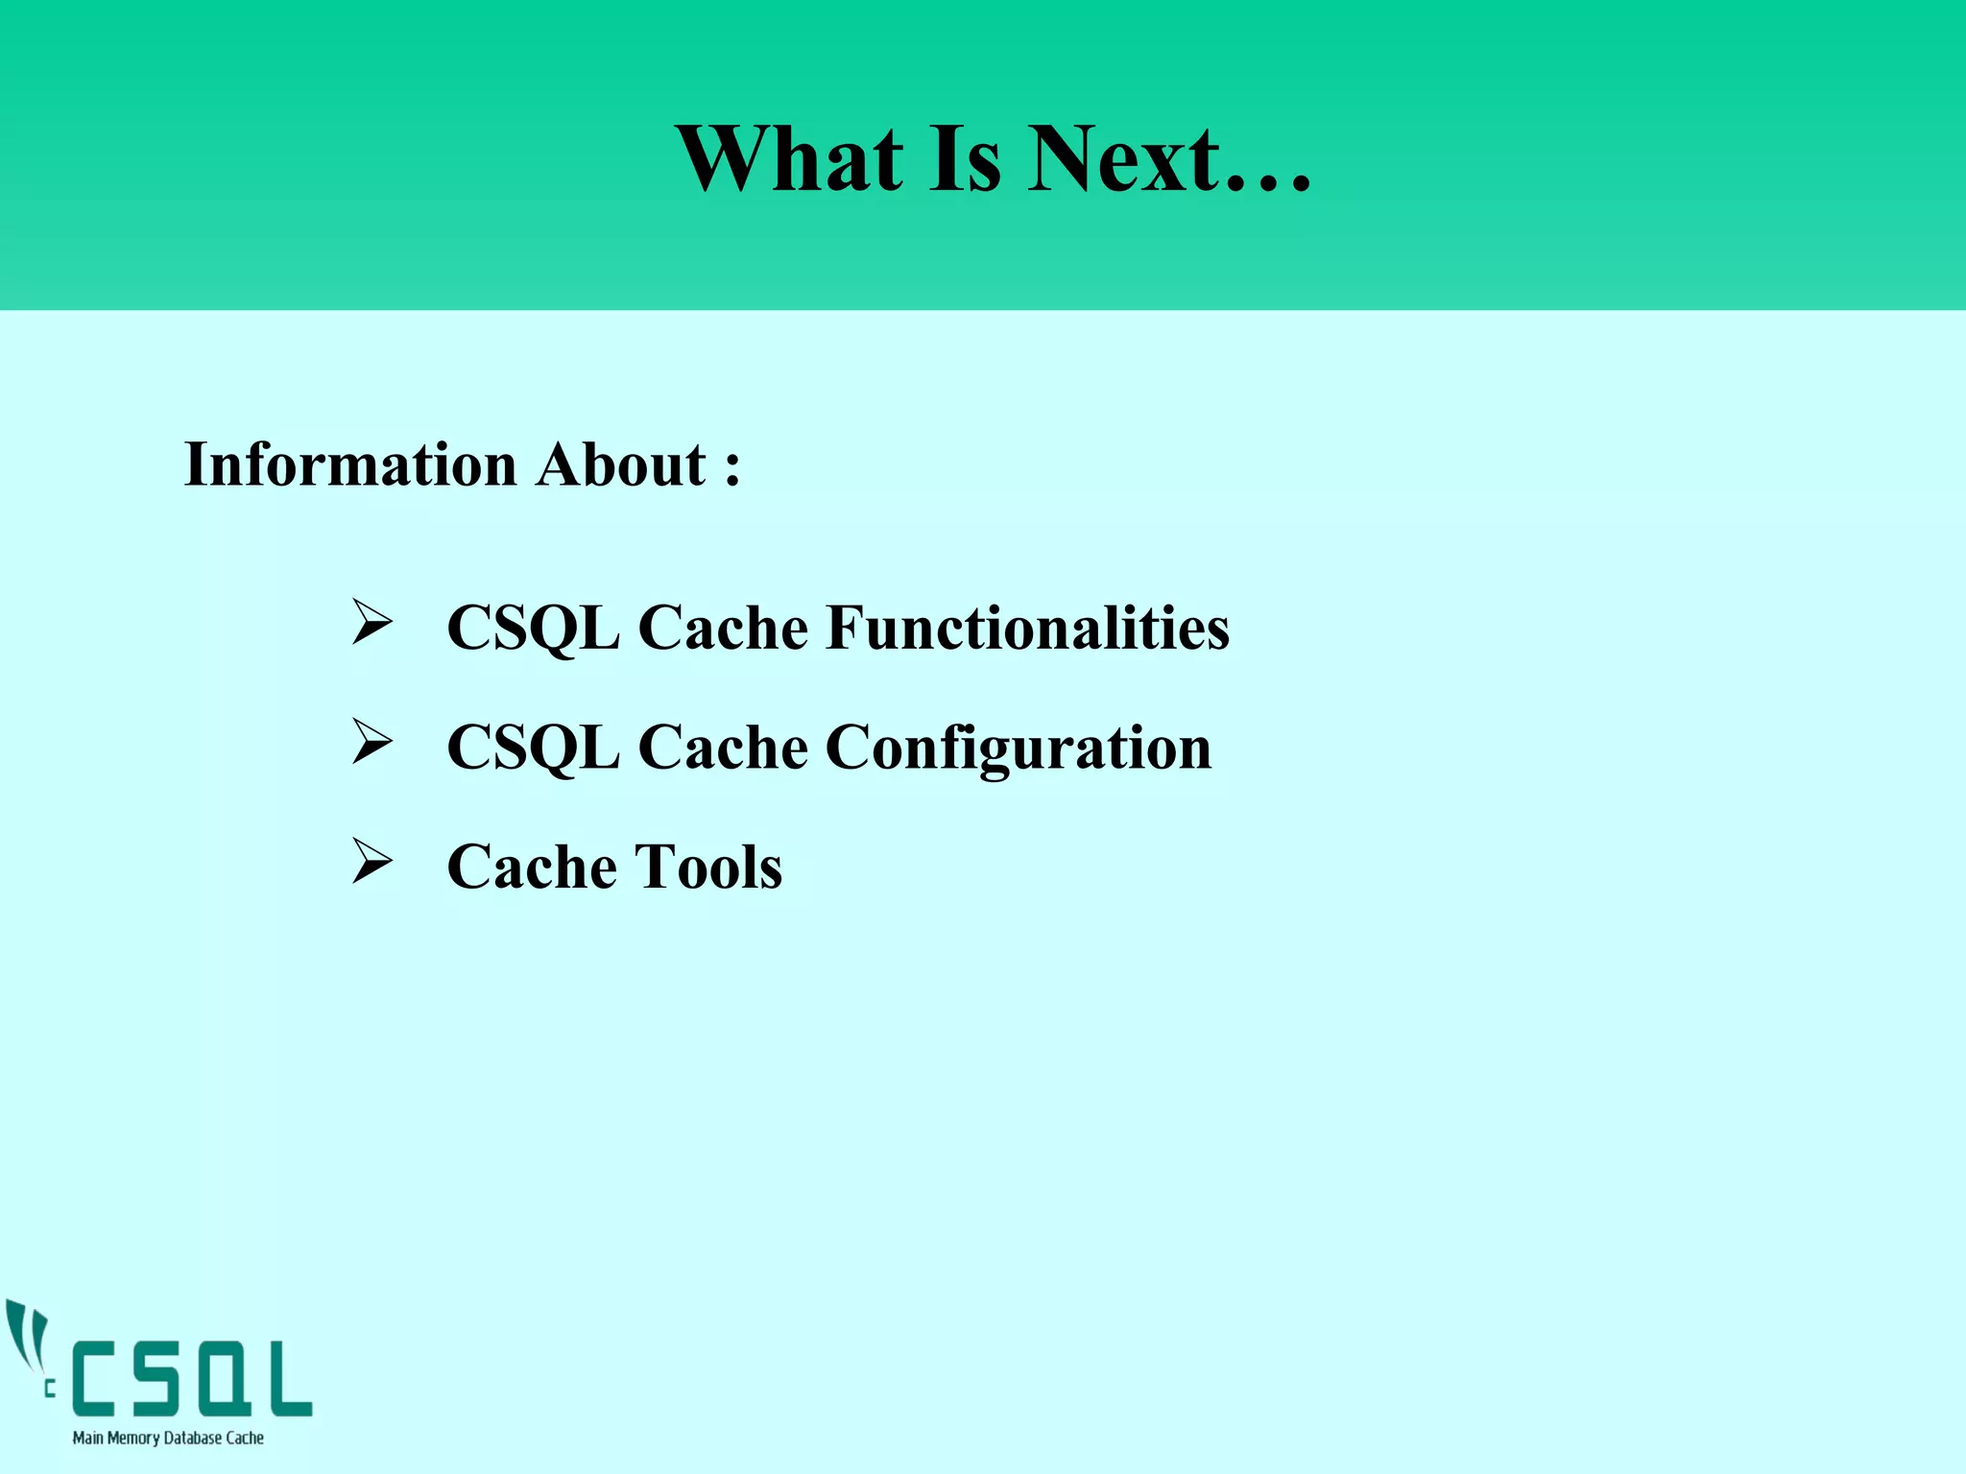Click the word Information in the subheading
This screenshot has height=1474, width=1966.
pos(350,465)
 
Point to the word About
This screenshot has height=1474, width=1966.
pos(621,465)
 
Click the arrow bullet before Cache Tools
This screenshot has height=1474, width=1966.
pos(372,861)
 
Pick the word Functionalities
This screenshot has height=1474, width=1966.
pos(1027,629)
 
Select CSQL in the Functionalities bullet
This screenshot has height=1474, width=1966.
pos(533,629)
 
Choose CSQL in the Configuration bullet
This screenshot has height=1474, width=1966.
pos(533,749)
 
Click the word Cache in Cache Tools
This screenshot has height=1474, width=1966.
pos(532,868)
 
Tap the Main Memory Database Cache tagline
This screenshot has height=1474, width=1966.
pos(168,1438)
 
